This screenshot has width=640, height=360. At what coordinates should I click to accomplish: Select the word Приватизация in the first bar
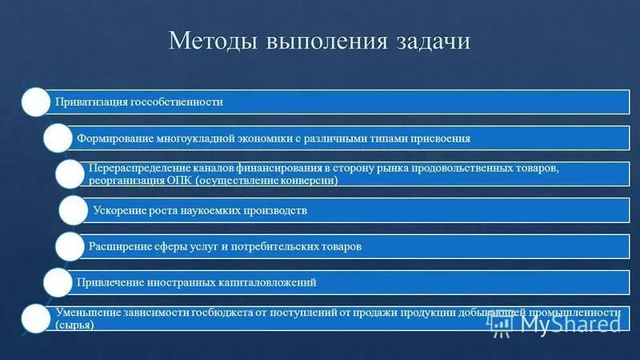tap(86, 102)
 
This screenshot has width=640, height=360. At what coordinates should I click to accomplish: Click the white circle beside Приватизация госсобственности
tap(34, 102)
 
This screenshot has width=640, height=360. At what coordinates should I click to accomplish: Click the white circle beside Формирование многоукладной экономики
tap(58, 138)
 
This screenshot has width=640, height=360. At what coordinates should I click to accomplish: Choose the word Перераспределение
tap(134, 170)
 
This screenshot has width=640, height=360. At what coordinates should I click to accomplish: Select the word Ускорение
tap(119, 211)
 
